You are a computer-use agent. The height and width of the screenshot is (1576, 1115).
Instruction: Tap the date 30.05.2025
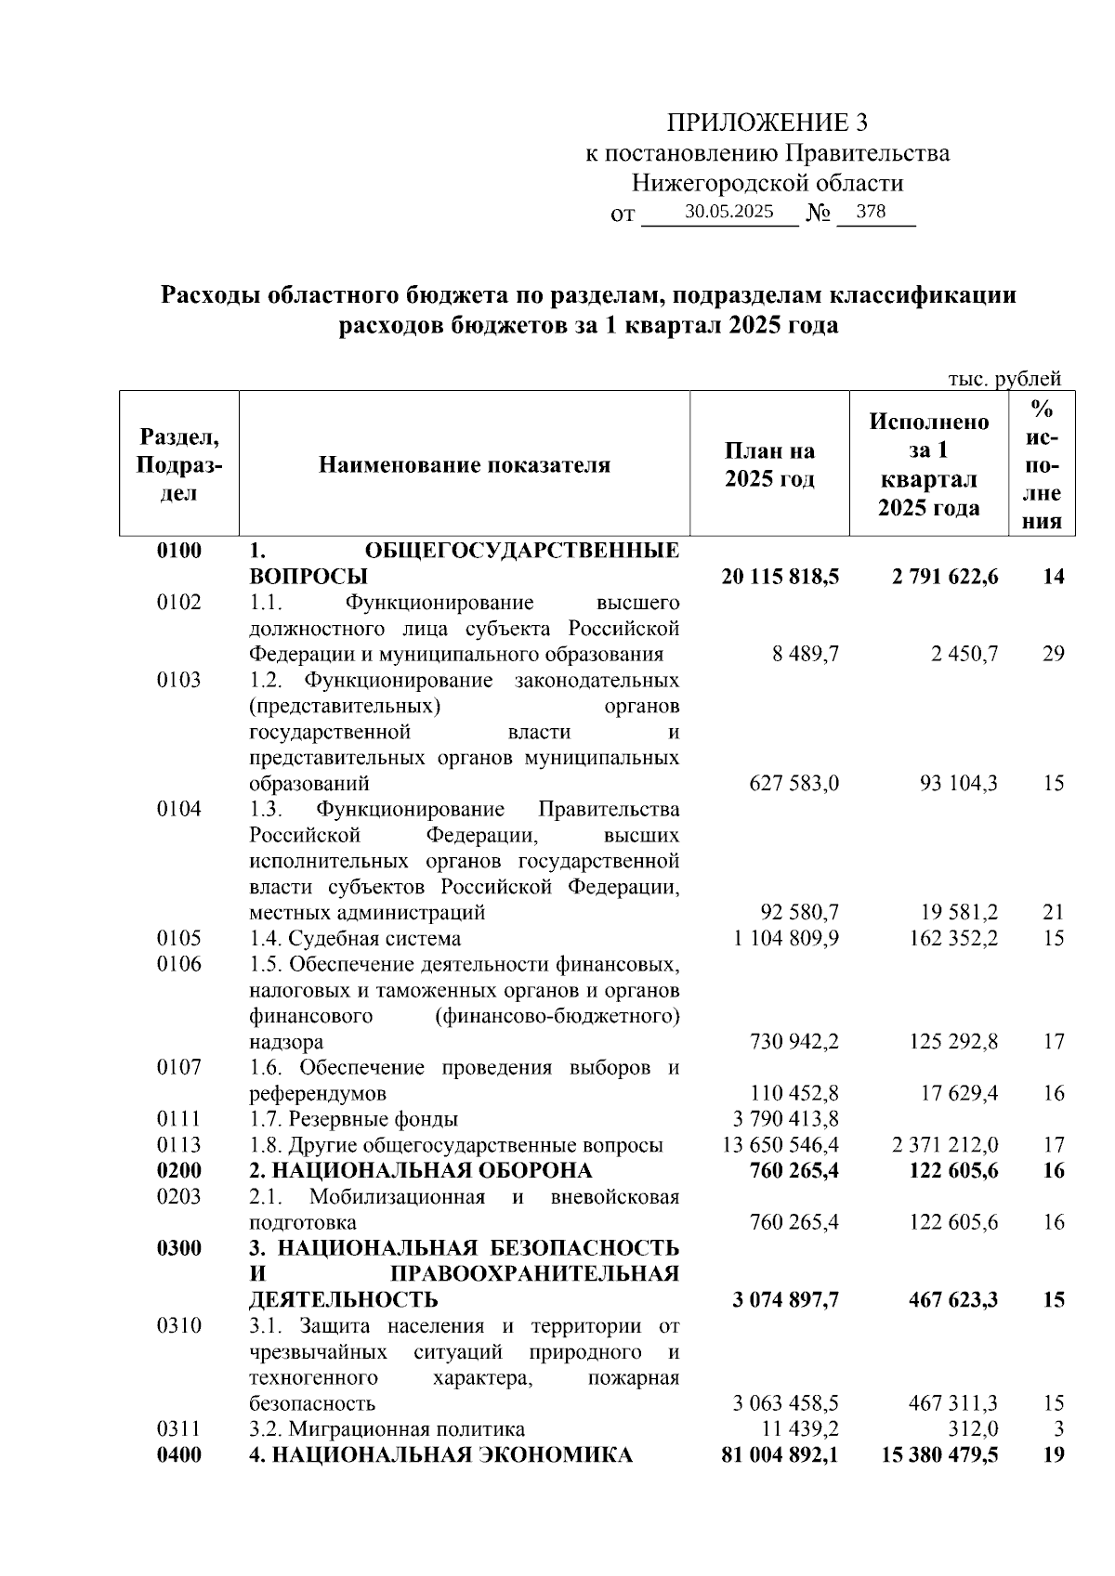(x=728, y=213)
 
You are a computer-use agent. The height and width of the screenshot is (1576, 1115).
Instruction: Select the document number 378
(x=871, y=212)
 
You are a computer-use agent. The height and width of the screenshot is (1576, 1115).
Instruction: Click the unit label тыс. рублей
(x=1003, y=378)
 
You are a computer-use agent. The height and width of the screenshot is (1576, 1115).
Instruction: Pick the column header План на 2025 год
(x=769, y=464)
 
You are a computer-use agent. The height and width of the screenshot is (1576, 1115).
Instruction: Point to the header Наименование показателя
(x=465, y=464)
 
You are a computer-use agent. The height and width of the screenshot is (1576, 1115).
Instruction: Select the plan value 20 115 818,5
(x=780, y=577)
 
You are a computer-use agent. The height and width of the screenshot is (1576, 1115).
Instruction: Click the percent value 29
(x=1053, y=654)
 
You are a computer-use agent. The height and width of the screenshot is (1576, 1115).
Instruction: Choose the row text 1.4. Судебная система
(x=355, y=938)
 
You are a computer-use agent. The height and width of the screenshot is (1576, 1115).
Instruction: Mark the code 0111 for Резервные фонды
(x=179, y=1119)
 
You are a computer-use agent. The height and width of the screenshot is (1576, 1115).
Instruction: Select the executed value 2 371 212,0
(x=945, y=1145)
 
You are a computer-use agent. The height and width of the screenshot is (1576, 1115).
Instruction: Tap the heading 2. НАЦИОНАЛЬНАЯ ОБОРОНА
(x=420, y=1170)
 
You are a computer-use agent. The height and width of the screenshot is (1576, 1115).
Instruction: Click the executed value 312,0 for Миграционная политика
(x=978, y=1429)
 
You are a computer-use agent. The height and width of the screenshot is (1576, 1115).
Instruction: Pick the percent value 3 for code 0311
(x=1058, y=1429)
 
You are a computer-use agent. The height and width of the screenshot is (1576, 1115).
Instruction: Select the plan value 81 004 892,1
(x=780, y=1455)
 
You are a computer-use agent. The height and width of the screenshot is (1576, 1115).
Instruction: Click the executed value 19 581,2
(x=958, y=913)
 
